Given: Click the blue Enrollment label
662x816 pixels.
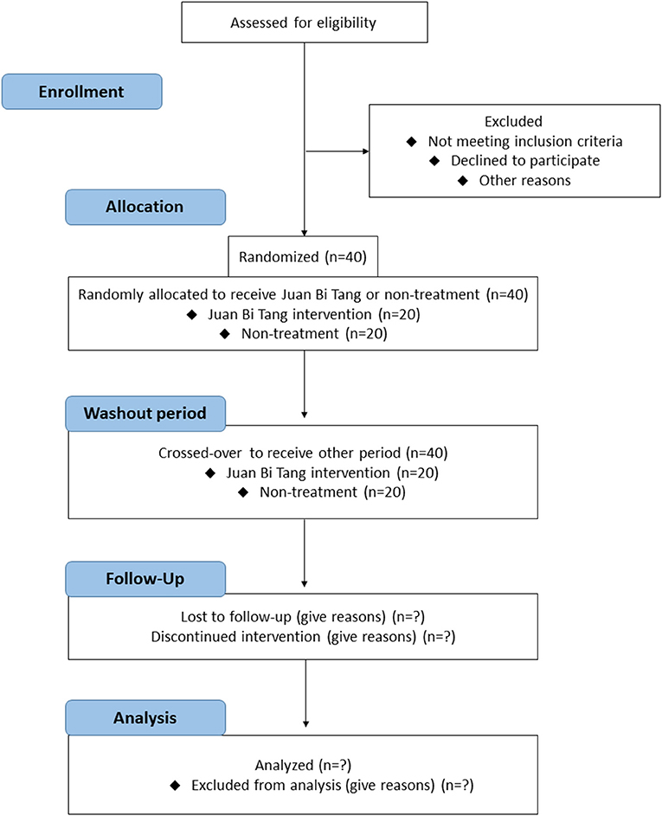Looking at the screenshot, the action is pyautogui.click(x=81, y=92).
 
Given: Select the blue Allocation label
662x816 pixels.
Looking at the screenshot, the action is pyautogui.click(x=145, y=207).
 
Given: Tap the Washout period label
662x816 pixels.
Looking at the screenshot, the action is pyautogui.click(x=145, y=414).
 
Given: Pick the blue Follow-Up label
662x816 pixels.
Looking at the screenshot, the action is pyautogui.click(x=145, y=579).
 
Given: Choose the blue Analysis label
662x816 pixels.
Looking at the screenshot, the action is pyautogui.click(x=145, y=717).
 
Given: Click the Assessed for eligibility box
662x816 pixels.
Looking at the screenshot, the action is pyautogui.click(x=305, y=22).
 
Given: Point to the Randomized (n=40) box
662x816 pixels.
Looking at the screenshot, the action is pyautogui.click(x=303, y=256).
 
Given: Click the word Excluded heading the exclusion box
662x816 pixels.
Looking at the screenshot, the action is pyautogui.click(x=513, y=121).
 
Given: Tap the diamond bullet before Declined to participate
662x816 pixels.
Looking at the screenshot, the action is pyautogui.click(x=434, y=161).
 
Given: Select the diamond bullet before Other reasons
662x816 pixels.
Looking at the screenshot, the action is pyautogui.click(x=463, y=181).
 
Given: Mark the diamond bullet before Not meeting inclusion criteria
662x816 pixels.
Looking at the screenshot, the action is pyautogui.click(x=412, y=142).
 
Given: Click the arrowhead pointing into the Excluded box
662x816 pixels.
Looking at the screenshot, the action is pyautogui.click(x=366, y=151).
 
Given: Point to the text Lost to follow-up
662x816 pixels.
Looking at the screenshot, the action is pyautogui.click(x=235, y=617).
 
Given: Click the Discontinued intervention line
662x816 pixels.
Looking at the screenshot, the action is pyautogui.click(x=303, y=637).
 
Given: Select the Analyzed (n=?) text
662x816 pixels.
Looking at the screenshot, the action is pyautogui.click(x=303, y=765).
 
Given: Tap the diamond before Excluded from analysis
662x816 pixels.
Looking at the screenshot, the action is pyautogui.click(x=176, y=786).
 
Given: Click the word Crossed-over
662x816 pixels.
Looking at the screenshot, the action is pyautogui.click(x=200, y=453).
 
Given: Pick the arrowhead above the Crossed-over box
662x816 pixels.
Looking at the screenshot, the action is pyautogui.click(x=305, y=414).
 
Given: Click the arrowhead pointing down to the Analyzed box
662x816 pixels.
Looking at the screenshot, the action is pyautogui.click(x=306, y=724).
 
